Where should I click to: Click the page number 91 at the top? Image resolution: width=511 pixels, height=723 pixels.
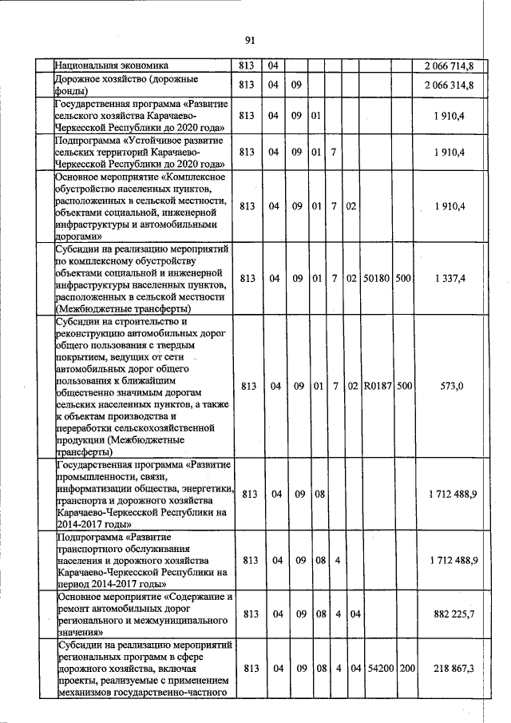pos(250,41)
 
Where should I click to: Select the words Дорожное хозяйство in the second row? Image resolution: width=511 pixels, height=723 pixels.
pos(101,80)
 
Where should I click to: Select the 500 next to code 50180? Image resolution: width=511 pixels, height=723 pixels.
pos(404,278)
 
